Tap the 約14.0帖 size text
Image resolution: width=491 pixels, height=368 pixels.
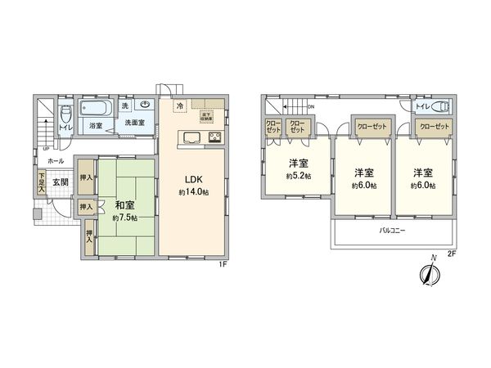coord(194,193)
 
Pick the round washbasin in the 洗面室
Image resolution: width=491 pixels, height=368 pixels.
coord(144,105)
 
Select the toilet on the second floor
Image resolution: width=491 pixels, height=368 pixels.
coord(440,105)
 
